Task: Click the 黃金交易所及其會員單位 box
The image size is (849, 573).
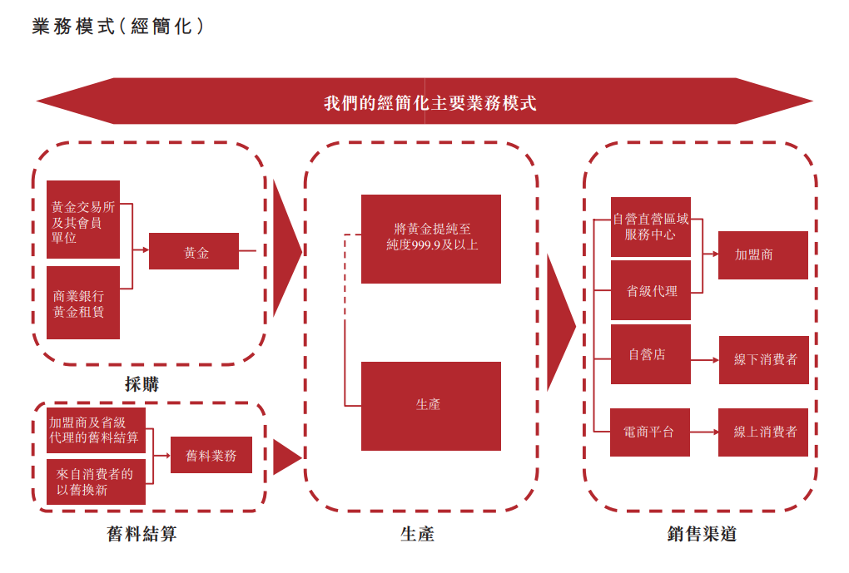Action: [x=83, y=220]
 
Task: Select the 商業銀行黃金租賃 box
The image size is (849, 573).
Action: [x=83, y=303]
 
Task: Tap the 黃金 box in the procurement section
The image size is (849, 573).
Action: [x=194, y=251]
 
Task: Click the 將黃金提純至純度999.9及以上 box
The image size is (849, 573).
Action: [x=431, y=239]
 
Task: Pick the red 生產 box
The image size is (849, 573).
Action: [x=431, y=406]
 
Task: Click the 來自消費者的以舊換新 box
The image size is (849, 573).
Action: [x=96, y=482]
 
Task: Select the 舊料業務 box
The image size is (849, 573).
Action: [x=211, y=455]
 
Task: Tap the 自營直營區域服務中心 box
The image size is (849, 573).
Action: [x=651, y=227]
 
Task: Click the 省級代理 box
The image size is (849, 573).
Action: [x=651, y=290]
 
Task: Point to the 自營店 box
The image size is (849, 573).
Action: [x=651, y=354]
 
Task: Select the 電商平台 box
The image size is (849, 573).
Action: [x=650, y=432]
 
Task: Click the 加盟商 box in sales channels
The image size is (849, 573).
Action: [x=763, y=254]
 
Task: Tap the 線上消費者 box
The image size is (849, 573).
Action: [x=763, y=432]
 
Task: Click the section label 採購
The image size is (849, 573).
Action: [x=142, y=384]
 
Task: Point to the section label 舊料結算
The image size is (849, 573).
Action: [x=142, y=534]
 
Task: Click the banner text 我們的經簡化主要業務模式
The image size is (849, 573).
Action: [x=429, y=103]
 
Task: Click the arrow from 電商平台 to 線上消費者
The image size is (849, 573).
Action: [x=704, y=432]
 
